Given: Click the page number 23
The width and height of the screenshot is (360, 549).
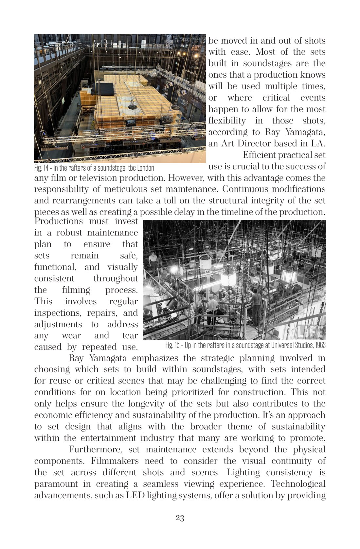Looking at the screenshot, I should [180, 518].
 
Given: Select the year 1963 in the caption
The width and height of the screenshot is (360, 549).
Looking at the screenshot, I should [320, 345].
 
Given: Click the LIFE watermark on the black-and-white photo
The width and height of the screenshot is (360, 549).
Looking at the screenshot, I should [311, 331].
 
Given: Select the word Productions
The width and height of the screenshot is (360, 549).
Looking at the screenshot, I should [58, 221].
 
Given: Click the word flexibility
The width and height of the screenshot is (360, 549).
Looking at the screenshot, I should [227, 121].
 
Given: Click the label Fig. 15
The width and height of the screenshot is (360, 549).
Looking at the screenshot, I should [172, 345].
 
